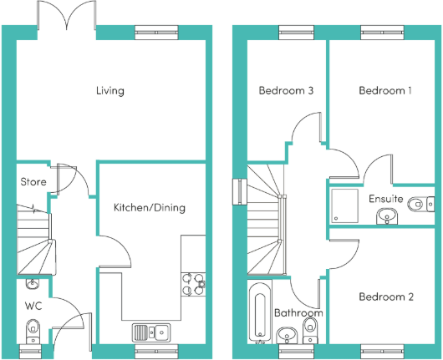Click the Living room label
point(110,91)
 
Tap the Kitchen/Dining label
point(150,208)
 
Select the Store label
point(33,182)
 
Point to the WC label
point(33,306)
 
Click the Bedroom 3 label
point(286,91)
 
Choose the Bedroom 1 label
point(385,91)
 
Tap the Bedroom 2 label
point(386,297)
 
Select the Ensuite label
point(386,199)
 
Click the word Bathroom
point(298,313)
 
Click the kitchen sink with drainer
point(151,332)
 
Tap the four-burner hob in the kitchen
point(193,284)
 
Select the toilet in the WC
point(33,332)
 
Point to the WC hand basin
point(33,284)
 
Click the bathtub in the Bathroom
point(260,312)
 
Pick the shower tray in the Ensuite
point(344,205)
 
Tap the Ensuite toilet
point(421,204)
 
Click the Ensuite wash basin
point(387,216)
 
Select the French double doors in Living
point(67,15)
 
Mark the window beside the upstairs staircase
point(240,192)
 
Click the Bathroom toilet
point(310,331)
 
